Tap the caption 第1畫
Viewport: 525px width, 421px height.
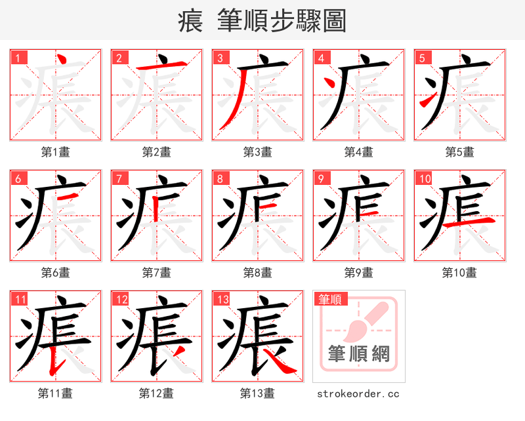(x=56, y=152)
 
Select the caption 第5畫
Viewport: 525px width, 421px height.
(x=459, y=152)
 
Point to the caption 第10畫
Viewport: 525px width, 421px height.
(x=459, y=273)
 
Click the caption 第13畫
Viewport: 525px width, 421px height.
(x=257, y=393)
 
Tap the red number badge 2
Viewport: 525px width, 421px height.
(x=119, y=58)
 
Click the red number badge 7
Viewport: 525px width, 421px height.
(x=119, y=178)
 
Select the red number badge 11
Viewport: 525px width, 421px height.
(x=19, y=300)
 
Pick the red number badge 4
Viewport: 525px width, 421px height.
(x=321, y=58)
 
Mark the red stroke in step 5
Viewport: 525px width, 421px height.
(x=428, y=100)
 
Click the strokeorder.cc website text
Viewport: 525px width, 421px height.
(x=358, y=393)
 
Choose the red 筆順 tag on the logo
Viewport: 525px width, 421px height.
(x=329, y=299)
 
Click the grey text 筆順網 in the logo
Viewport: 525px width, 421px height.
(x=358, y=354)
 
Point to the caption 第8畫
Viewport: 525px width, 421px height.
(x=257, y=273)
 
